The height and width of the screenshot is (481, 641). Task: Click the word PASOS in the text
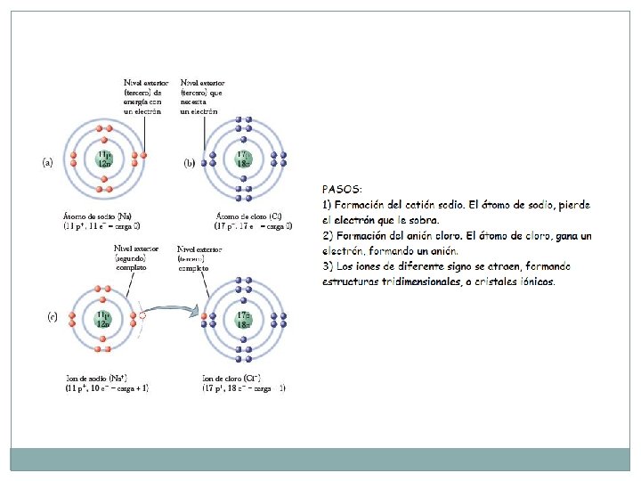coord(342,190)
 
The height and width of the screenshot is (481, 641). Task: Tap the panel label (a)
coord(48,163)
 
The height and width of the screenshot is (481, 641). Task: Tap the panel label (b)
coord(189,163)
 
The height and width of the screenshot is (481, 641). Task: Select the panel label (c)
coord(52,317)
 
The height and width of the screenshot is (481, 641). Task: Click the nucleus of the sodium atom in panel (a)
coord(105,161)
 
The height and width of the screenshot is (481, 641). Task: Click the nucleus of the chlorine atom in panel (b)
coord(244,160)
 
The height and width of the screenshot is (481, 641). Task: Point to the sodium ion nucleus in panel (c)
coord(105,318)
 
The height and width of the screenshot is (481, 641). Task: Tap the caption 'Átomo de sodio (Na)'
coord(97,216)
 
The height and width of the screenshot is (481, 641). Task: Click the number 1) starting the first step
coord(327,206)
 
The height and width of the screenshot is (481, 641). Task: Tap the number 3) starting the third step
coord(327,266)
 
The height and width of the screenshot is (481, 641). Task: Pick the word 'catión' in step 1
coord(426,206)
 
